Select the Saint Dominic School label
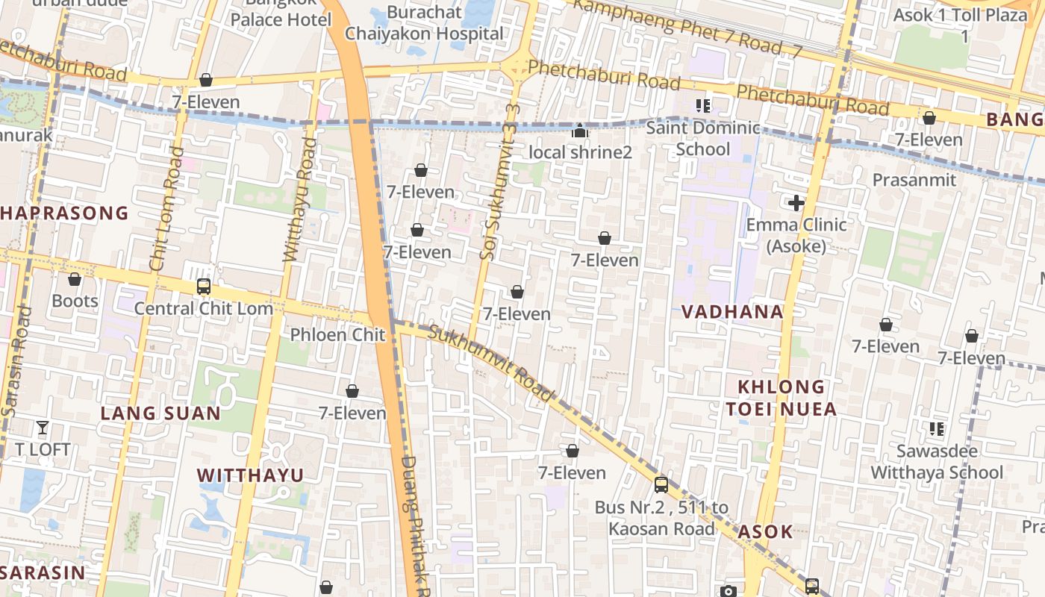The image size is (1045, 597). click(702, 139)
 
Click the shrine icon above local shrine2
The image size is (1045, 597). click(580, 131)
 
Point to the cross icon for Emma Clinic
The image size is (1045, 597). click(796, 202)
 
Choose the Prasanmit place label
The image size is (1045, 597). click(914, 180)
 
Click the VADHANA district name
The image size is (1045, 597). click(732, 312)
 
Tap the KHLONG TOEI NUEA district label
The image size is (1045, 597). click(787, 398)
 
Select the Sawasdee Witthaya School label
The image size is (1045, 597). click(937, 462)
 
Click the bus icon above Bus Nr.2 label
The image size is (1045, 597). click(661, 485)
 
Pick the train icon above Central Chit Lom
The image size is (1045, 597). click(203, 287)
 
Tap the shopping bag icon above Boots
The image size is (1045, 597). click(75, 280)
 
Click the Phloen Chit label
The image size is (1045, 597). click(337, 334)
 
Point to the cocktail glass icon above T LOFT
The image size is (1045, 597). click(43, 428)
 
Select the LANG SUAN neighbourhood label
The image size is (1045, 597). click(160, 413)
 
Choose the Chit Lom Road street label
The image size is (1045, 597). click(167, 209)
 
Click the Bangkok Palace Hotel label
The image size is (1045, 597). click(280, 13)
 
